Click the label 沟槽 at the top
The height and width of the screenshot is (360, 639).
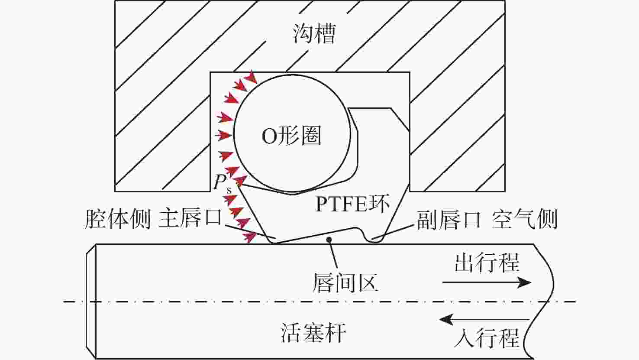point(314,33)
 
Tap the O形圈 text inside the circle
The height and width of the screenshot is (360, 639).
point(291,136)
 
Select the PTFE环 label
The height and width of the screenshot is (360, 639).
point(352,204)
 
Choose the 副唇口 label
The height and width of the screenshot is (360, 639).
point(449,219)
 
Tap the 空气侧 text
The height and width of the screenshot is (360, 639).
point(524,219)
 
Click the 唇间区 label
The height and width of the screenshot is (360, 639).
point(345,282)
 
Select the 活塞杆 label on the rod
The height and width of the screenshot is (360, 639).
point(313,333)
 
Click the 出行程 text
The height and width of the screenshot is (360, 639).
point(487,263)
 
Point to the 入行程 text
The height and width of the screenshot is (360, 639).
point(487,337)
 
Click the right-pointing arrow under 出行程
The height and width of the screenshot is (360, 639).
point(487,283)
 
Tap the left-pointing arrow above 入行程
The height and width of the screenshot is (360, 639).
point(484,320)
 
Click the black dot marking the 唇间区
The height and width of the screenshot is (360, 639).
point(329,239)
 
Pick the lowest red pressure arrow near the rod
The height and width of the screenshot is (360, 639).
point(249,237)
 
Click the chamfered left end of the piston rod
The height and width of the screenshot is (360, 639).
point(90,301)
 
